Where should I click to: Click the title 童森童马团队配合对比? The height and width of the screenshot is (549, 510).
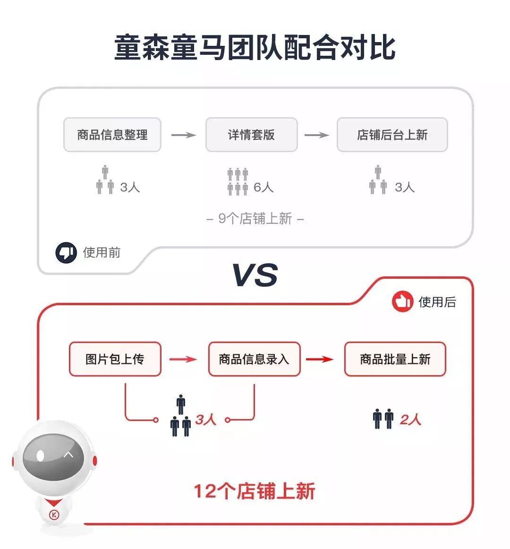(x=255, y=48)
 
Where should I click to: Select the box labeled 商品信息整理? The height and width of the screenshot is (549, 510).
(x=112, y=135)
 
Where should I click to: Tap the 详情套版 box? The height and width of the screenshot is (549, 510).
(x=251, y=135)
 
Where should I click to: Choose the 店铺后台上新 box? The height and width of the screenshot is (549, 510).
(x=392, y=135)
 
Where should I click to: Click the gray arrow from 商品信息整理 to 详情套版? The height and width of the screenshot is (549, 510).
(x=183, y=135)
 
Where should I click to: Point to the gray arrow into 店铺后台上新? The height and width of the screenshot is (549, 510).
(x=316, y=135)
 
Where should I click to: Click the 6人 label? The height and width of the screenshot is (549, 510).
(x=263, y=188)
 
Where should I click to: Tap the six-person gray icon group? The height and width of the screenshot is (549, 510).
(x=238, y=181)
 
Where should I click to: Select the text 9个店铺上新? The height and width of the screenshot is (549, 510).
(x=255, y=219)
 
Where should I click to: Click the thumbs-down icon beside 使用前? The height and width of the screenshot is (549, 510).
(x=66, y=253)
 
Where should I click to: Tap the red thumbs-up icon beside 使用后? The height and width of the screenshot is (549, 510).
(x=402, y=301)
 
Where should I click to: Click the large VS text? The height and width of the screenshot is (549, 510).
(x=255, y=275)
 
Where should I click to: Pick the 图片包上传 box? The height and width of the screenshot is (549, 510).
(x=115, y=359)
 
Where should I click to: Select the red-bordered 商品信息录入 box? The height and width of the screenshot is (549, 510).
(x=254, y=359)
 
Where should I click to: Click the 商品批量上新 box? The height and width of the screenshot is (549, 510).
(x=395, y=359)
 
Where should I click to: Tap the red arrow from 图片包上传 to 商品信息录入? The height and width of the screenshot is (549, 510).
(x=183, y=360)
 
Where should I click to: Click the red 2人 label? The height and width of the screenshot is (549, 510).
(x=410, y=420)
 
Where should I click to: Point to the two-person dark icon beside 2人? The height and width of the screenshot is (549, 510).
(x=383, y=419)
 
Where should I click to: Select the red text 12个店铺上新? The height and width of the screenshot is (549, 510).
(x=254, y=491)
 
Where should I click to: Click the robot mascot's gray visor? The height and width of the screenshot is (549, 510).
(x=53, y=456)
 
